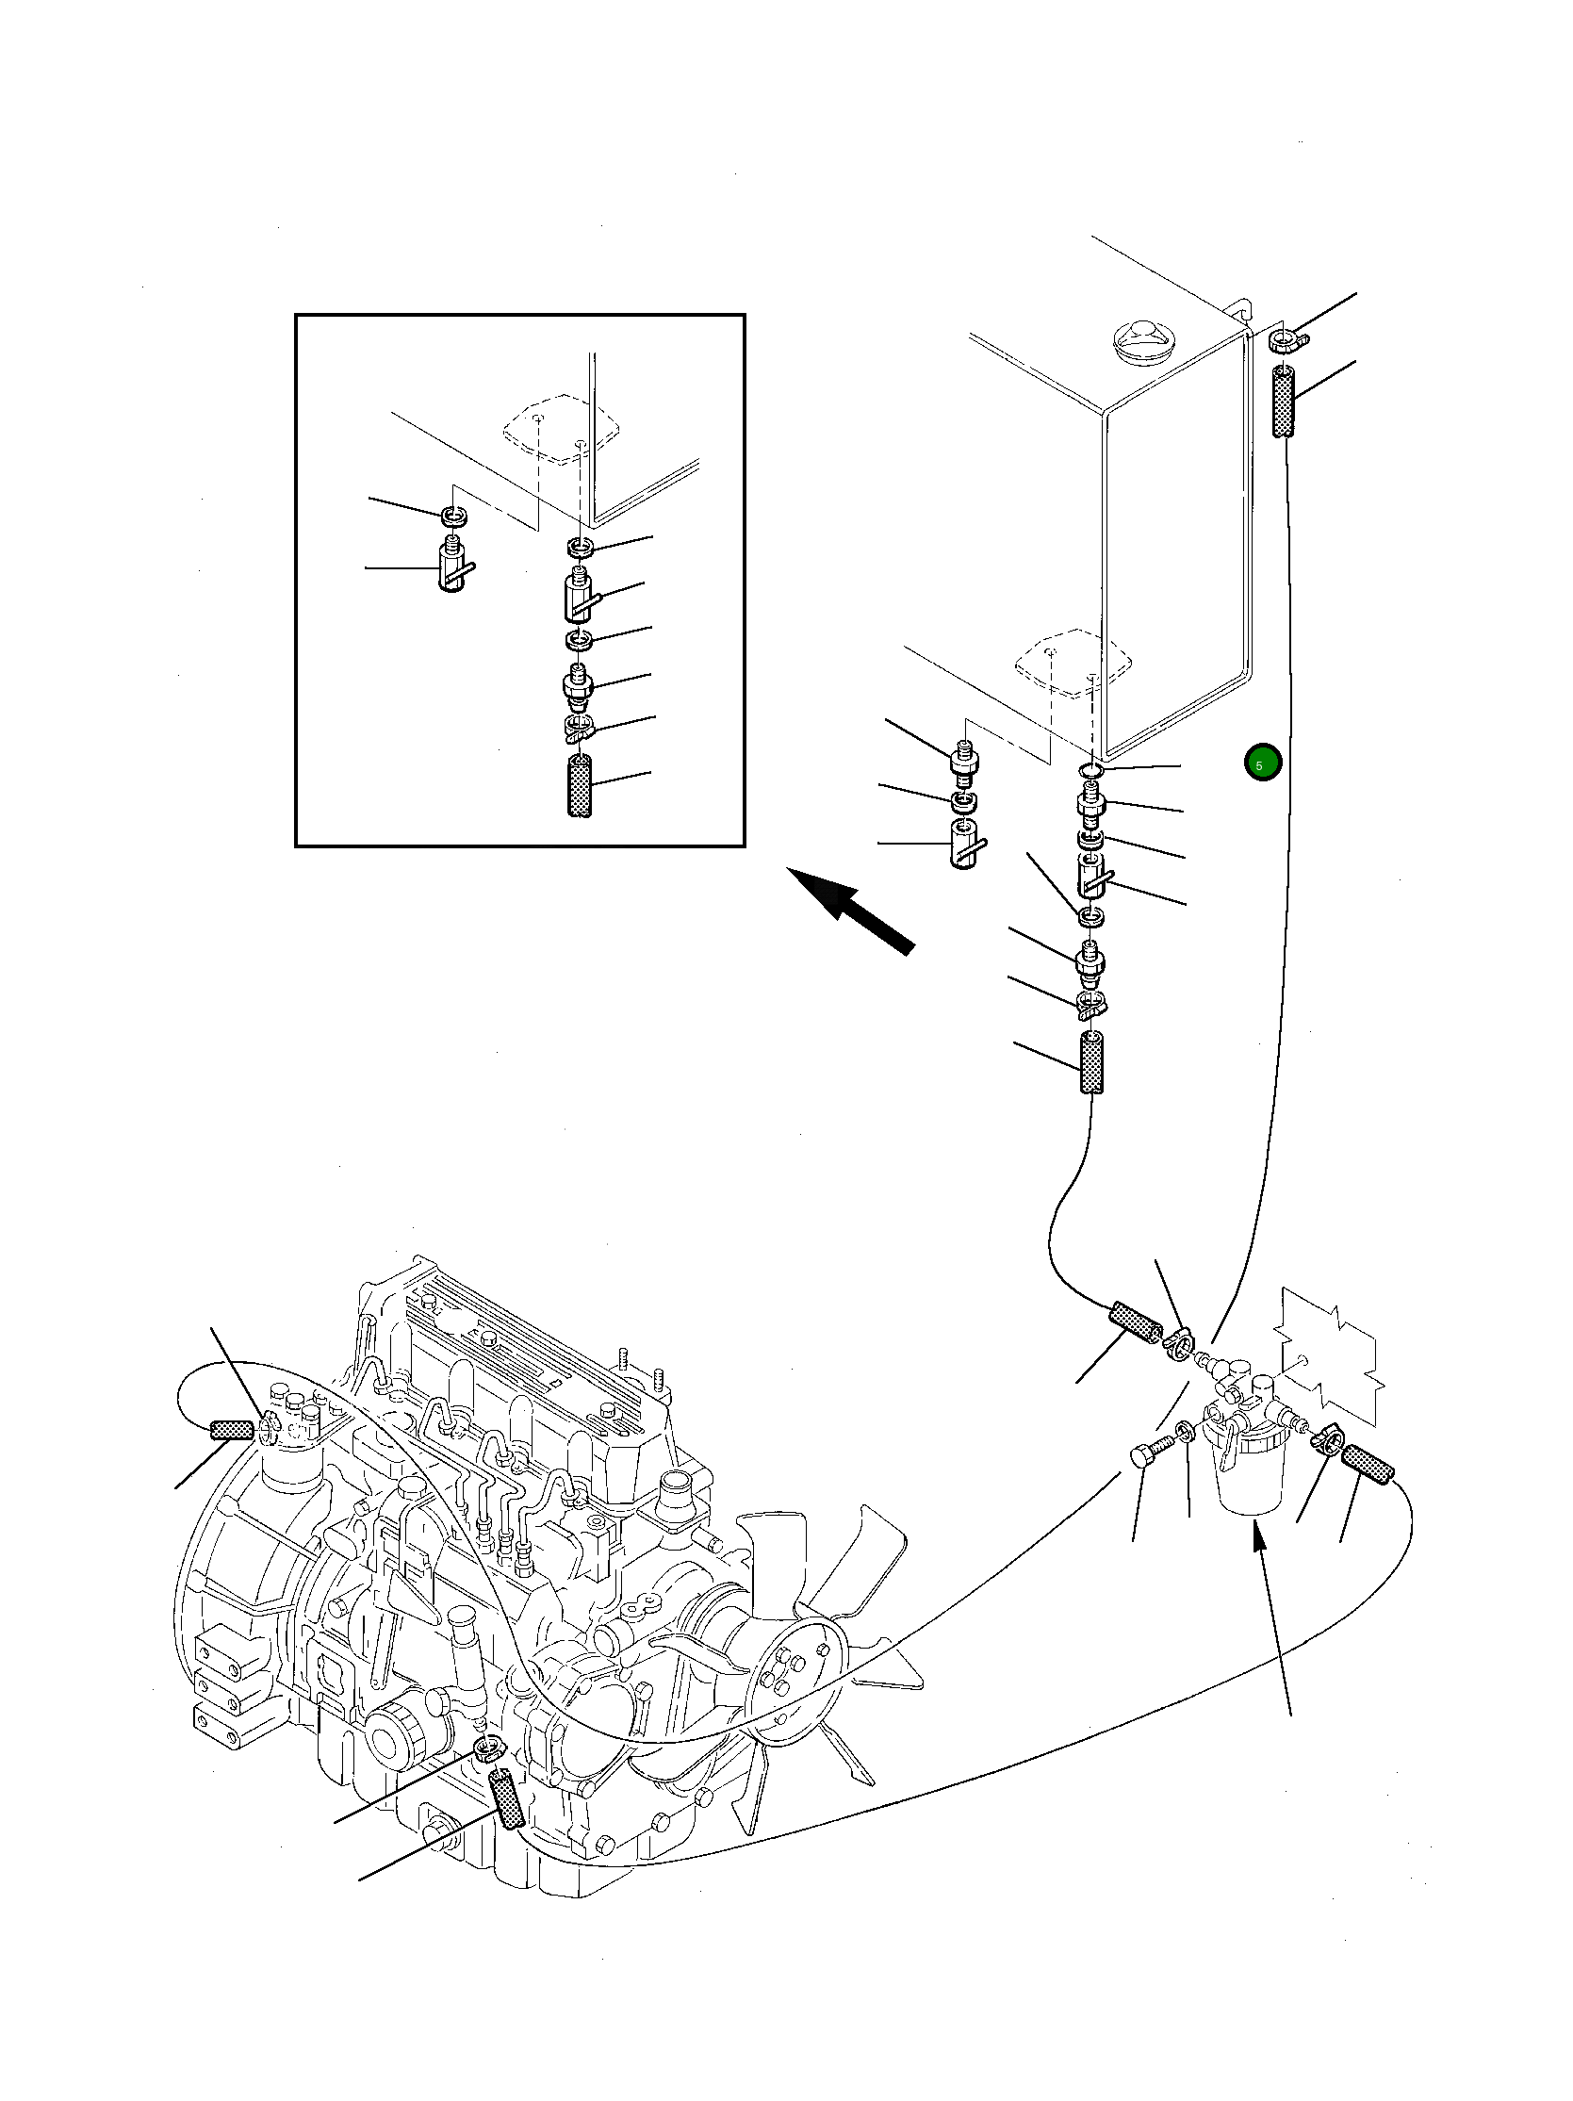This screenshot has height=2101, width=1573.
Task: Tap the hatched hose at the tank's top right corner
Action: pos(1285,403)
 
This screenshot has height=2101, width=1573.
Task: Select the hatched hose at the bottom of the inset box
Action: pos(579,784)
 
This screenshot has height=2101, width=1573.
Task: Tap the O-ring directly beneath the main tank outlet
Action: pos(1092,767)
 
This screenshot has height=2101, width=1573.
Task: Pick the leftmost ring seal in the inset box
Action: pos(455,517)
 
